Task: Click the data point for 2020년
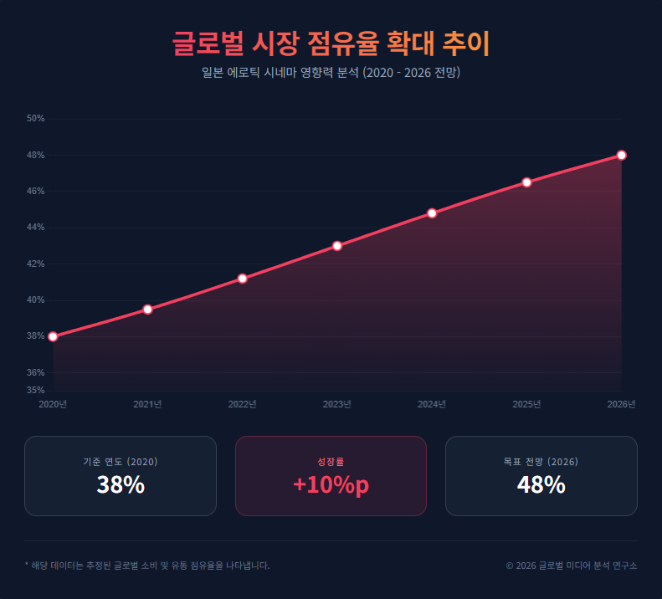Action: [53, 336]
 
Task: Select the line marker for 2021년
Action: [147, 310]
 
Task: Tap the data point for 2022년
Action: [242, 279]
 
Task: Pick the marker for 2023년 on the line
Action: [337, 246]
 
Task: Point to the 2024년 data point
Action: [432, 213]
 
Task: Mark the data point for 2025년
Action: [526, 182]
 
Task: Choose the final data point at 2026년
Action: [622, 155]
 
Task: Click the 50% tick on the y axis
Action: [35, 119]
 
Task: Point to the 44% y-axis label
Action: [35, 228]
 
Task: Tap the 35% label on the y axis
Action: [35, 390]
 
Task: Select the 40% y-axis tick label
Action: [35, 299]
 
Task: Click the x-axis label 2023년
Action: [337, 404]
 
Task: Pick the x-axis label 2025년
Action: [526, 404]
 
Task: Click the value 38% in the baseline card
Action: [121, 484]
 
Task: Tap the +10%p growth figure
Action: [331, 484]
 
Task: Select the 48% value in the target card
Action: [541, 484]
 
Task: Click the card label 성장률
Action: [331, 461]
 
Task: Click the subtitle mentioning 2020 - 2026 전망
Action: [331, 73]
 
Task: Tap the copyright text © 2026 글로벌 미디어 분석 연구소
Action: [572, 566]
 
